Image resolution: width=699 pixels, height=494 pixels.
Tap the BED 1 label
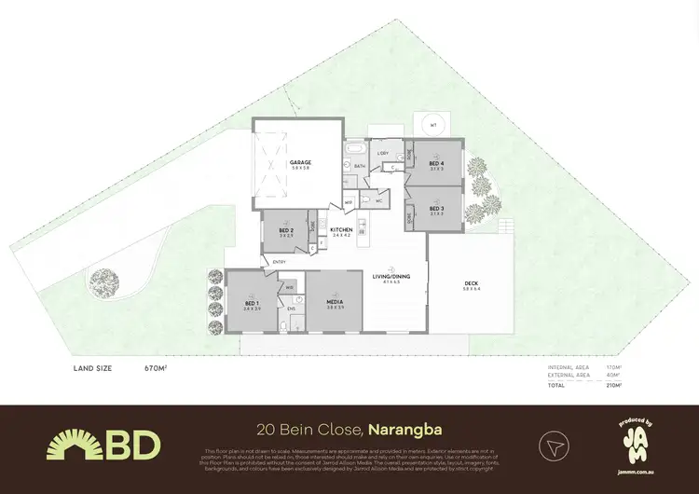tap(252, 303)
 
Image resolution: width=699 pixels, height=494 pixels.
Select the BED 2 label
tap(287, 230)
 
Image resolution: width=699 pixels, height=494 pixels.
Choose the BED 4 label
tap(437, 163)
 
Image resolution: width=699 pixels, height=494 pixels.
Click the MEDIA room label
tap(334, 303)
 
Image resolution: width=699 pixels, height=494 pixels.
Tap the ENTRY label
tap(279, 261)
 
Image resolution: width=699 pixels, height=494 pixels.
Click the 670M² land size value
tap(155, 368)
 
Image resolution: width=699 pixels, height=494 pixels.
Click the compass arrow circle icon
tap(552, 445)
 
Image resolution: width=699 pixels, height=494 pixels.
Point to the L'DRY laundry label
tap(383, 153)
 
